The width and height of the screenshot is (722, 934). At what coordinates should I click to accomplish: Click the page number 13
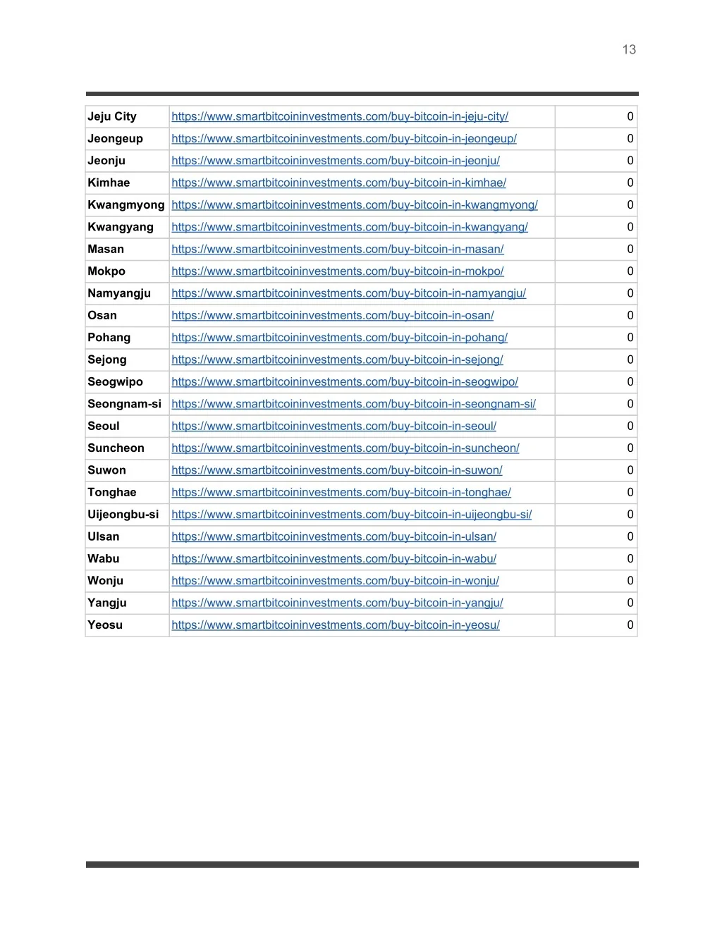[629, 49]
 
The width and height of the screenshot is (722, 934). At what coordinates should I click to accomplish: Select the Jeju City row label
[112, 116]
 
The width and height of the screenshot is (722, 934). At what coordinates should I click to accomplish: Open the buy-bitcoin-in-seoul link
[334, 426]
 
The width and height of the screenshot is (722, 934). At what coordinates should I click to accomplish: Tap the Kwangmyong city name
[126, 204]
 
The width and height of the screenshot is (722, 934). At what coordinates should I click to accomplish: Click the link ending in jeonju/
[336, 161]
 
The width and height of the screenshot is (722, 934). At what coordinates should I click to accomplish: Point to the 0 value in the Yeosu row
[630, 625]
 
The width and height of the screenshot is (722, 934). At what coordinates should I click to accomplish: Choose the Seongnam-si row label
[124, 404]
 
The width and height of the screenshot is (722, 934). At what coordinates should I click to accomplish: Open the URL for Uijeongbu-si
[351, 515]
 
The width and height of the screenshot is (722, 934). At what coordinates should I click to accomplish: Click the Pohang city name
[109, 338]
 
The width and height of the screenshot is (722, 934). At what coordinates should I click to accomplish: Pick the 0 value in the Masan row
[630, 249]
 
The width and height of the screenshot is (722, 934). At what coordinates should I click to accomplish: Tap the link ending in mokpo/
[337, 271]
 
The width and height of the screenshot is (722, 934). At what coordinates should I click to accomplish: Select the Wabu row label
[104, 558]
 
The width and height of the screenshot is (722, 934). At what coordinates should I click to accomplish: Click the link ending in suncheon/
[345, 448]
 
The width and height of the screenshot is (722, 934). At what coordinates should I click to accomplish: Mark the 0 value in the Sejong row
[630, 360]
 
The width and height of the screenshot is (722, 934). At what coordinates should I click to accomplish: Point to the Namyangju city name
[119, 293]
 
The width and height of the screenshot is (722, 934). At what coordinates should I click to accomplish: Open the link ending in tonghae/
[341, 492]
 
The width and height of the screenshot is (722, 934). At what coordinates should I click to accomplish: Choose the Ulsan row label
[104, 536]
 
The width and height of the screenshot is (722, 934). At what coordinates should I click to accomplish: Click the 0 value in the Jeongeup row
[630, 139]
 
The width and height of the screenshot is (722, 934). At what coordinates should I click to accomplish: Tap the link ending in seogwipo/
[344, 382]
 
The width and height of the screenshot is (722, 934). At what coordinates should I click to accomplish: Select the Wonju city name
[105, 581]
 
